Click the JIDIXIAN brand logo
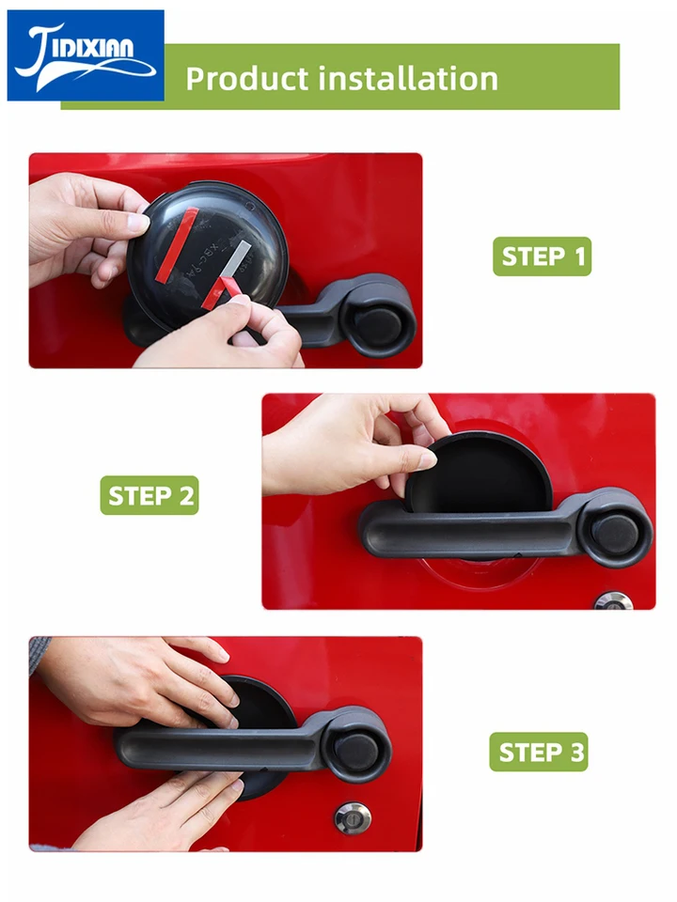click(x=86, y=55)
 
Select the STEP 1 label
click(x=543, y=257)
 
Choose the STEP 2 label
click(x=150, y=495)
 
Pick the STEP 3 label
click(x=539, y=752)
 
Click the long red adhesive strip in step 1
click(x=177, y=245)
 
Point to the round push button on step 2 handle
click(x=615, y=534)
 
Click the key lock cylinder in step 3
click(x=353, y=817)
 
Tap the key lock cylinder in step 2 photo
click(x=614, y=600)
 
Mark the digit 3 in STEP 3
click(x=576, y=753)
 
